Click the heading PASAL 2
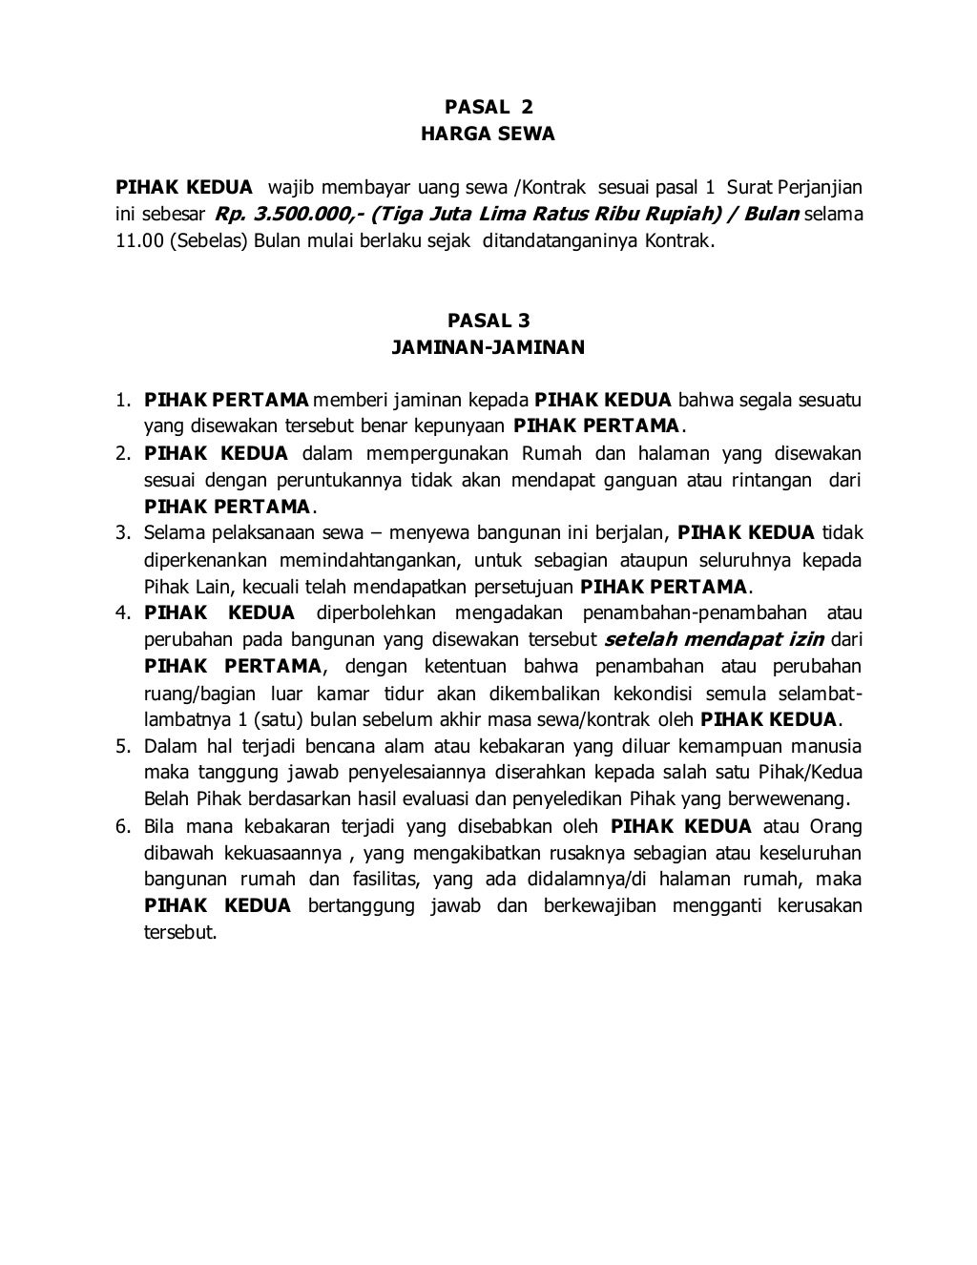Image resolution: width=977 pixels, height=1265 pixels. (488, 108)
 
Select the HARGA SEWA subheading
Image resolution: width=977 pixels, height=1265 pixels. (488, 135)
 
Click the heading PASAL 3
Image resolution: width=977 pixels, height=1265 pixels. (488, 321)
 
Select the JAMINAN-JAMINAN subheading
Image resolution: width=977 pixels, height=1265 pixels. (488, 347)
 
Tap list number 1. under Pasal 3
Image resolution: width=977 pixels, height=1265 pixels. (123, 399)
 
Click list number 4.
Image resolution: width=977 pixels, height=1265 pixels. (123, 612)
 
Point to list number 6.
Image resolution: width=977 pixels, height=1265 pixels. (123, 826)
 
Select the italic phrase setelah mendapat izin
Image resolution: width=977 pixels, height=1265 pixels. (715, 639)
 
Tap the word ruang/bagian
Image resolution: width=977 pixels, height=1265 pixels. (198, 693)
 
